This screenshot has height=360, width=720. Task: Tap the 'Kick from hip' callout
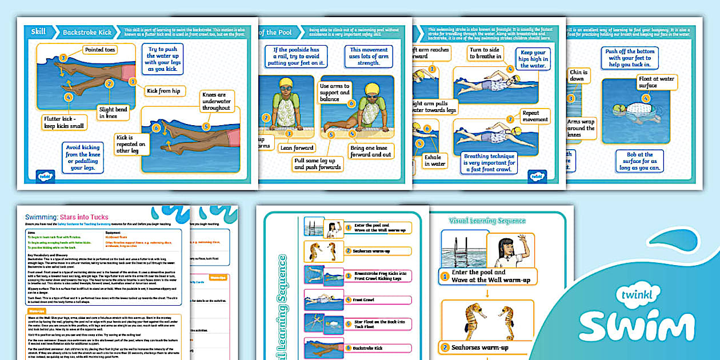[x=163, y=90]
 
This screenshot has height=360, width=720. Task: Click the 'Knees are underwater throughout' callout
[x=216, y=101]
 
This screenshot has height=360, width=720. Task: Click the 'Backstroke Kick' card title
[x=87, y=33]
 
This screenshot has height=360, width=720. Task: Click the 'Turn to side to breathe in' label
[x=485, y=53]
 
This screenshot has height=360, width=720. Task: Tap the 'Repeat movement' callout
[x=535, y=116]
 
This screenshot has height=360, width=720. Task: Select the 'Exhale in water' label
[x=435, y=160]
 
